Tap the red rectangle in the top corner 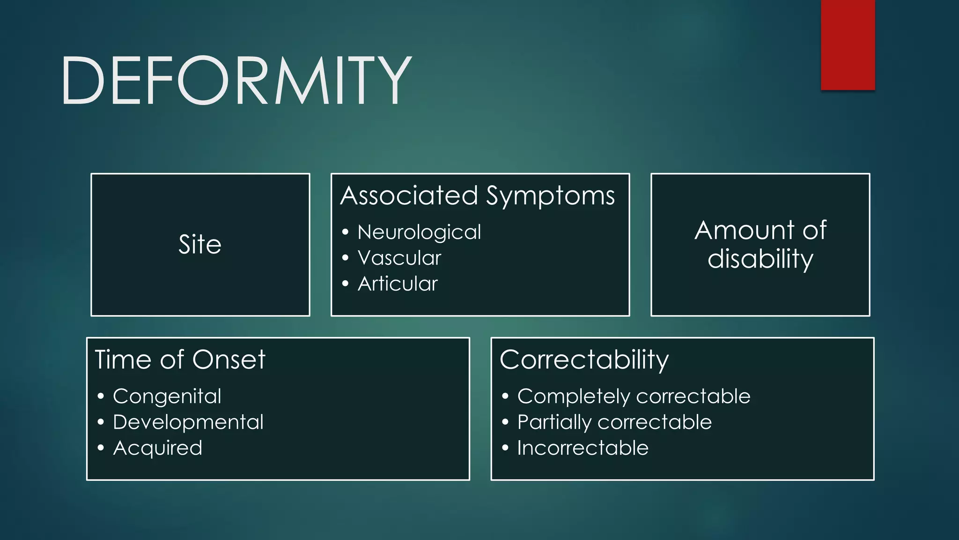point(848,45)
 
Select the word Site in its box point(200,245)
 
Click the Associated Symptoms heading point(477,195)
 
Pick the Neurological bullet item point(419,232)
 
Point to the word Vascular point(399,258)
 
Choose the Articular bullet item point(398,284)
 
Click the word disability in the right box point(760,259)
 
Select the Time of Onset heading point(180,360)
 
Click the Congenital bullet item point(167,397)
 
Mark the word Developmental point(188,422)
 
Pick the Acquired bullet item point(158,448)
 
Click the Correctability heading point(584,360)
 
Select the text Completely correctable point(634,397)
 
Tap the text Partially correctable point(614,422)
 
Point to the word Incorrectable point(583,448)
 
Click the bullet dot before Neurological point(345,232)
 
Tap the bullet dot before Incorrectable point(505,448)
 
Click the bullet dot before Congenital point(101,397)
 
